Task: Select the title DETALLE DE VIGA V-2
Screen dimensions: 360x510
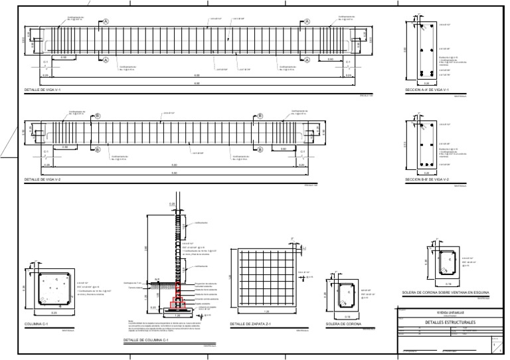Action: click(44, 180)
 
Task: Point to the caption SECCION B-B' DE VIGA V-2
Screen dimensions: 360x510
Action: click(427, 180)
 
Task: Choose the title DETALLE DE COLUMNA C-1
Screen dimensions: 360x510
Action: click(146, 341)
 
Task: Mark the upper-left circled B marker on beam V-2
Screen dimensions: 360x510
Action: click(98, 115)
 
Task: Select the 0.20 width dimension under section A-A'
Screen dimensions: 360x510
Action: click(427, 83)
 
